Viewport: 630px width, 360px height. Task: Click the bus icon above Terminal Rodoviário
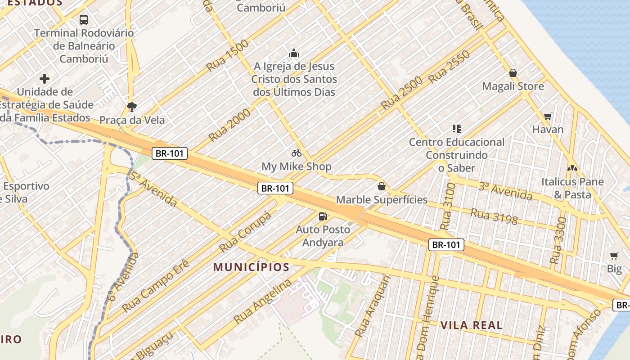tap(84, 20)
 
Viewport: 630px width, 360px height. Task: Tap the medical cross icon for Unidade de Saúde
tap(45, 79)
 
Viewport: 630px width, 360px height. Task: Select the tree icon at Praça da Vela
tap(132, 107)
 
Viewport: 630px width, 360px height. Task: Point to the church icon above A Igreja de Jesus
tap(294, 54)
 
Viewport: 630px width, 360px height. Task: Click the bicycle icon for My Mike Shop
tap(296, 153)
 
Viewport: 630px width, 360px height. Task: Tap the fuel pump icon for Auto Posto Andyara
tap(323, 216)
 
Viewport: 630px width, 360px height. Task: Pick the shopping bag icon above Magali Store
tap(513, 73)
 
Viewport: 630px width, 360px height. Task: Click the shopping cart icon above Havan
tap(548, 117)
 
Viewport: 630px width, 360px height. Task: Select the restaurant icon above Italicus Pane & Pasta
tap(572, 169)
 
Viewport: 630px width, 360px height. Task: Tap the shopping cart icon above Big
tap(614, 256)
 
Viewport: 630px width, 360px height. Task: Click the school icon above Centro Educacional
tap(457, 129)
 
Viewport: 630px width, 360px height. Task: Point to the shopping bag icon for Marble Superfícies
tap(382, 186)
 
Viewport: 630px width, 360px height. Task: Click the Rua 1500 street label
tap(228, 55)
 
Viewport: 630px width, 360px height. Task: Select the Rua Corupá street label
tap(246, 232)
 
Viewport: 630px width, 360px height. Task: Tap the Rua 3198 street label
tap(494, 216)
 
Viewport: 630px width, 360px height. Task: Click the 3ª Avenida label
tap(505, 191)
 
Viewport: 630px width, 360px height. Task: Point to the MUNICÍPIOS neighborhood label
tap(251, 267)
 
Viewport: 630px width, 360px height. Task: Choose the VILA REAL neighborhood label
tap(472, 325)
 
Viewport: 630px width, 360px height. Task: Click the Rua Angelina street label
tap(262, 301)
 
